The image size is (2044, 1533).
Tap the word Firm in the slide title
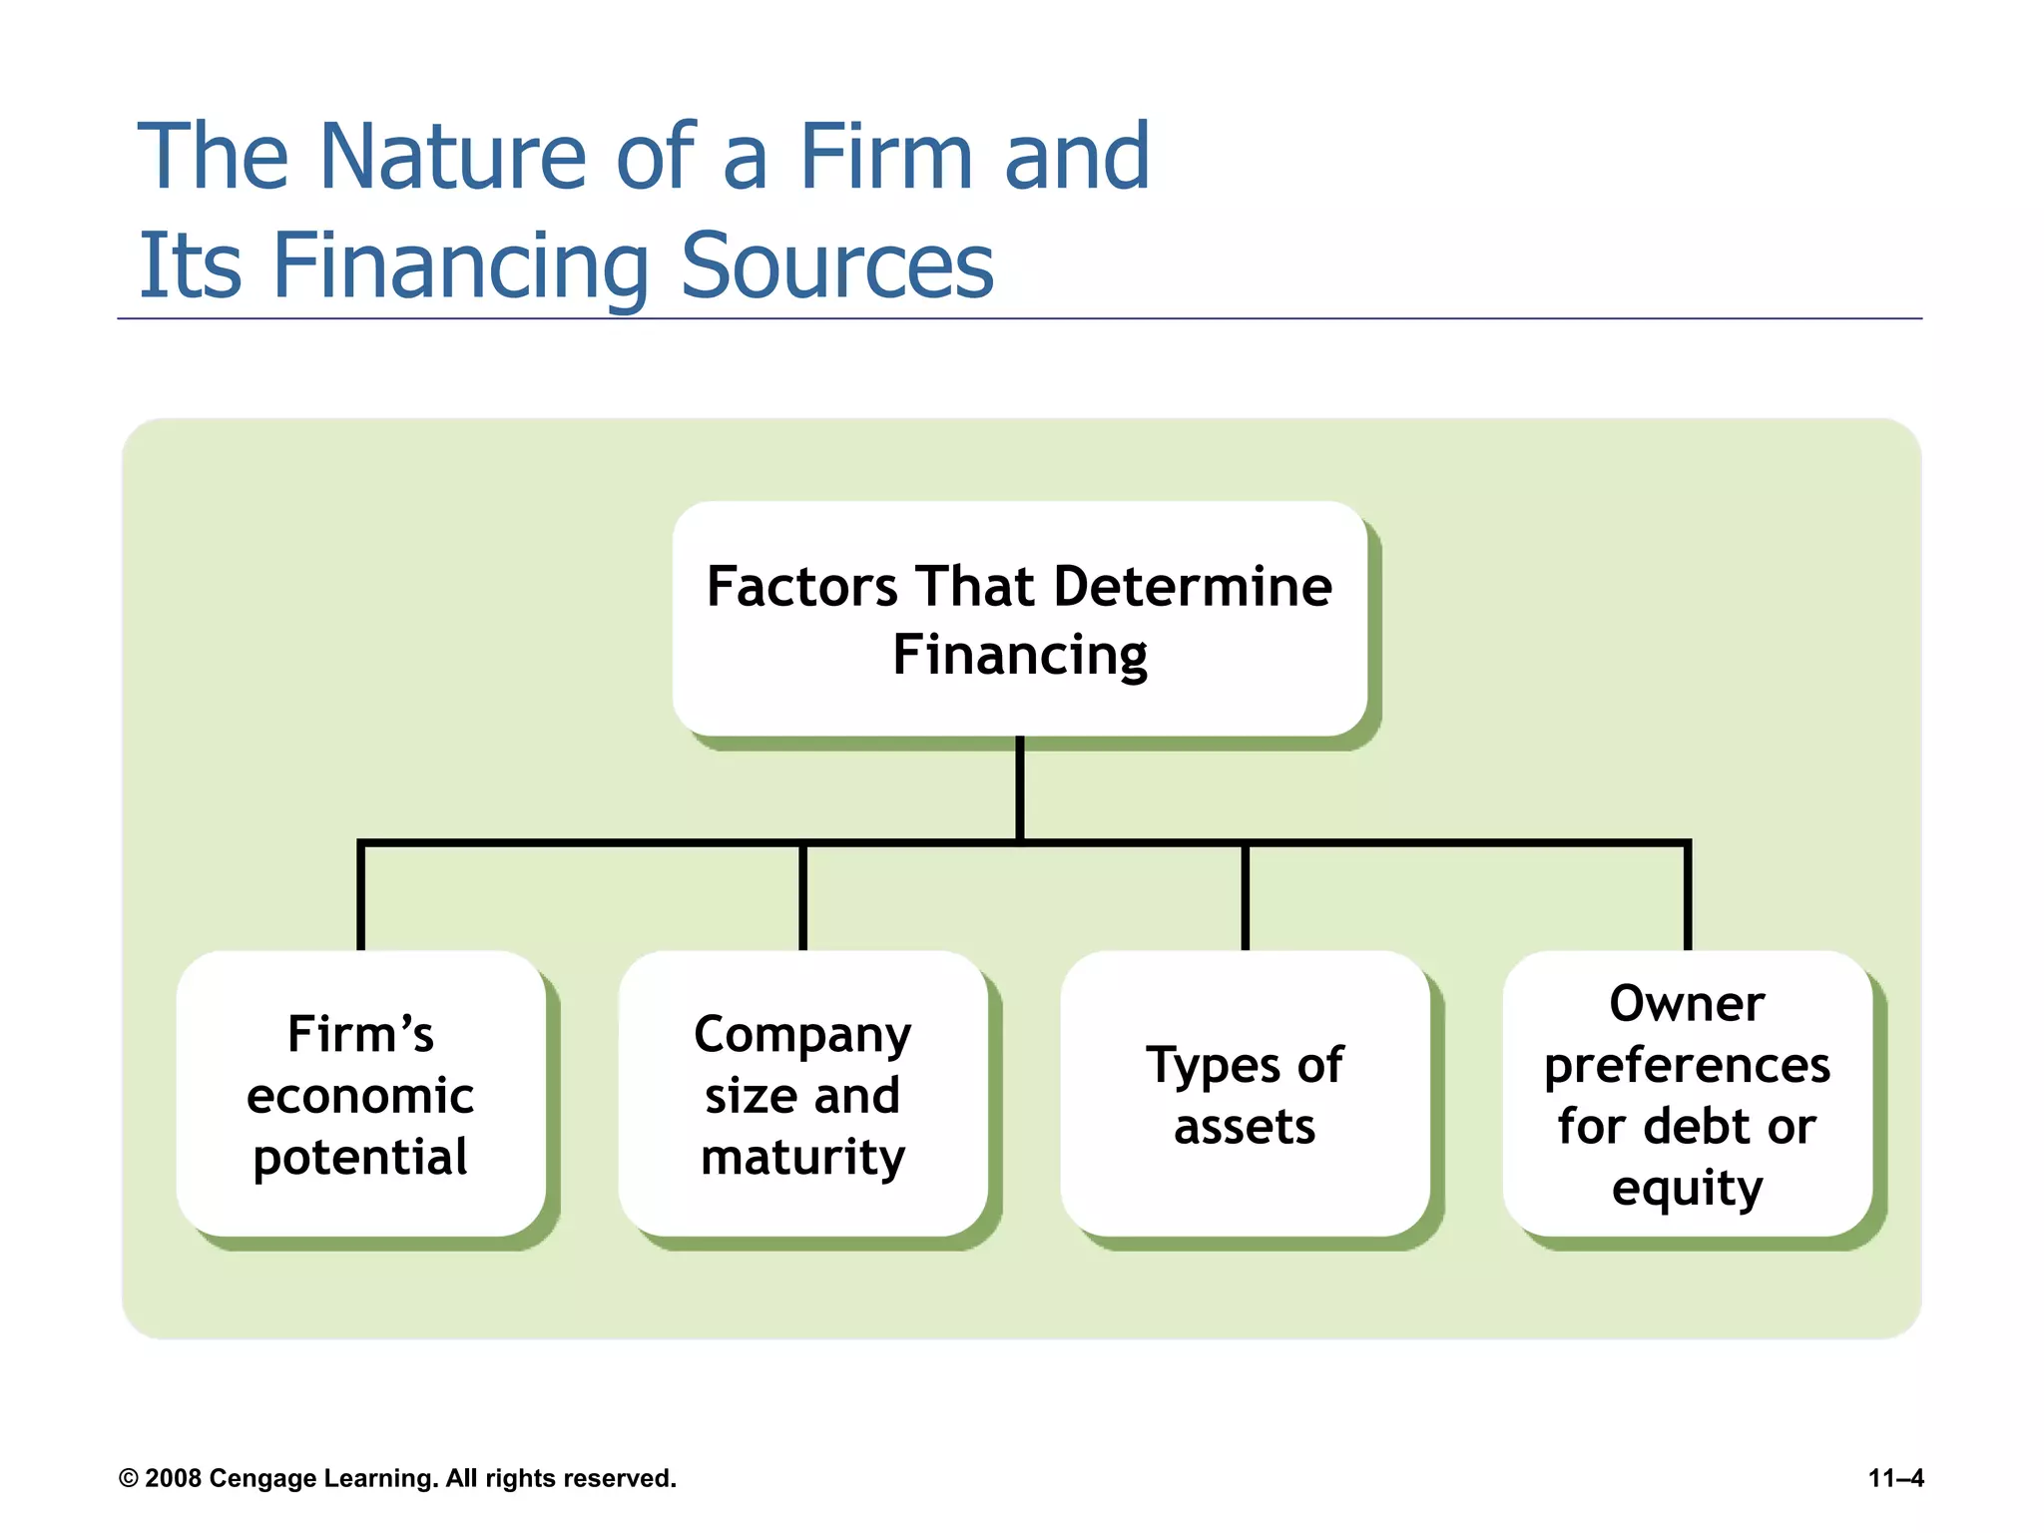click(x=885, y=157)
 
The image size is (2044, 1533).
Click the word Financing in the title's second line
click(x=460, y=267)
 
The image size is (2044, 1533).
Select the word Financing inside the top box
click(x=1019, y=656)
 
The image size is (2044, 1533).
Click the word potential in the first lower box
click(x=360, y=1158)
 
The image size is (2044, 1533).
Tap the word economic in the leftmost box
click(x=360, y=1096)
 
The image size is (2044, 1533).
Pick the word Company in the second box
click(x=802, y=1036)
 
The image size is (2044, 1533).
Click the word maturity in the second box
click(x=802, y=1158)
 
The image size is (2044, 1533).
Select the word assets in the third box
click(x=1245, y=1127)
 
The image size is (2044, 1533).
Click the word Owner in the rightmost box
click(x=1687, y=1003)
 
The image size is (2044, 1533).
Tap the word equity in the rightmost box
click(x=1687, y=1188)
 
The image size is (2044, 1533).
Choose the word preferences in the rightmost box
click(x=1687, y=1065)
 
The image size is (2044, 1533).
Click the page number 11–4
click(x=1895, y=1478)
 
